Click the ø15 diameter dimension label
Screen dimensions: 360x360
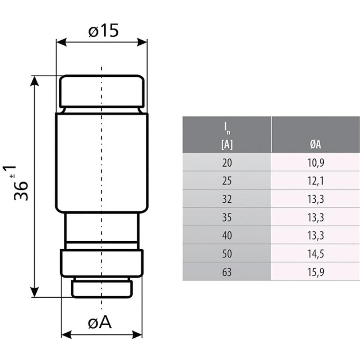[x=103, y=31]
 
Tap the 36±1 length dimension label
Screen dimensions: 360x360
[x=21, y=184]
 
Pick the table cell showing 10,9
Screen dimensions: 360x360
[x=315, y=163]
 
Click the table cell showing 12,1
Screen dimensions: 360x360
[x=315, y=181]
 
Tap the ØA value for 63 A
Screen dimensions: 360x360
[x=315, y=272]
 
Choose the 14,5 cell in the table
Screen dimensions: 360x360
[x=315, y=254]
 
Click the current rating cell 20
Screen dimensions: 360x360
[x=227, y=163]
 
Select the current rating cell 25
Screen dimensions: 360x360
[x=227, y=181]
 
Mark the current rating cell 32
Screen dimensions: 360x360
[x=227, y=199]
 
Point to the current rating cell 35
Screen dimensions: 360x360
[x=227, y=217]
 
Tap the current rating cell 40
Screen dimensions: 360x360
[x=227, y=235]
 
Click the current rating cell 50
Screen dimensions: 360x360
[x=227, y=254]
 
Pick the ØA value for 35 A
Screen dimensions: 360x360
[x=315, y=217]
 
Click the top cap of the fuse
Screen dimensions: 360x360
[x=102, y=91]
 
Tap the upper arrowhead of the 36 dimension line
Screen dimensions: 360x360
[x=35, y=81]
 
